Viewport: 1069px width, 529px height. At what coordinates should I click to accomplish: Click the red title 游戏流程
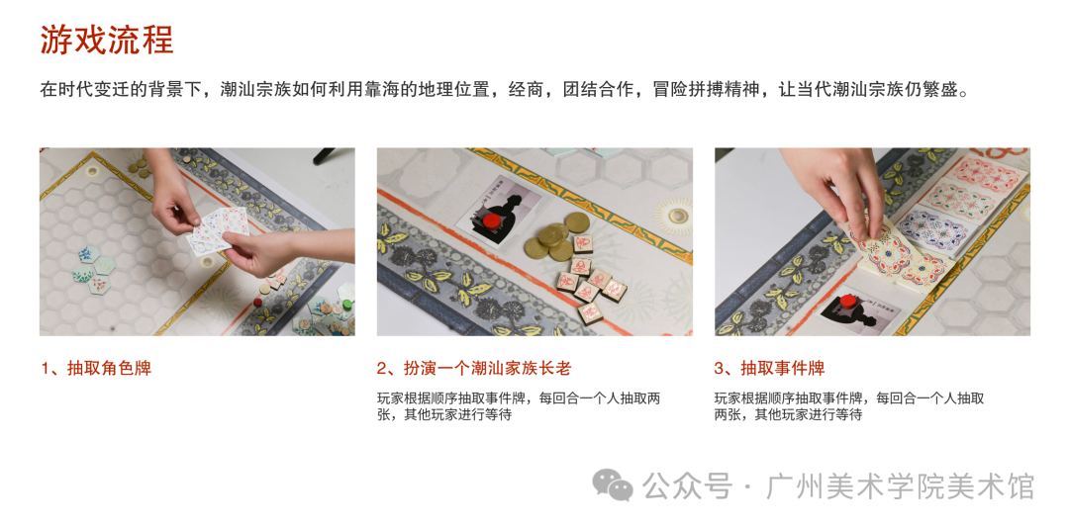point(106,41)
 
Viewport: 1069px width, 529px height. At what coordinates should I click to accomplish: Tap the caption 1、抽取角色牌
point(95,369)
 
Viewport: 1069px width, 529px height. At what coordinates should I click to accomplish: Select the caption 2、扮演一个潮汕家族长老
point(473,369)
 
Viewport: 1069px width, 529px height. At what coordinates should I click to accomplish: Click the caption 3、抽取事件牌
point(769,369)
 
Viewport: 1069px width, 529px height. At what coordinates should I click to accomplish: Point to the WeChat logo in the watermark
point(612,485)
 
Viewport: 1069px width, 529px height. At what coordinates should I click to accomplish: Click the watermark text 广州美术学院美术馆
point(900,486)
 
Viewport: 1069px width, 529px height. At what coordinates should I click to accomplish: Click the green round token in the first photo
point(347,305)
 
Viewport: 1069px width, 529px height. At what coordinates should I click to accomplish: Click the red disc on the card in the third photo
point(848,301)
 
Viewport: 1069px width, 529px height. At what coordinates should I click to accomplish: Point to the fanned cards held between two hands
point(217,230)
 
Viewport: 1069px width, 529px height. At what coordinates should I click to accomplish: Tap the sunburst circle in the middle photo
point(678,216)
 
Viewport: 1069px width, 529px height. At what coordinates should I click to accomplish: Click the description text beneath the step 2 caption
point(518,405)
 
